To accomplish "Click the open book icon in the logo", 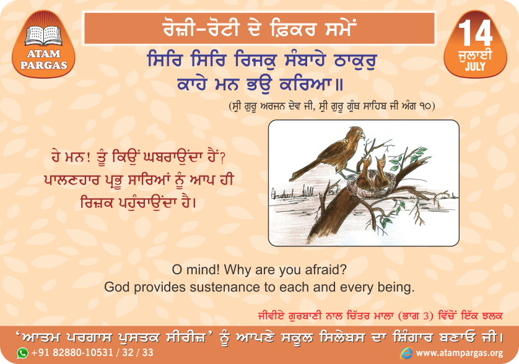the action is [x=44, y=35].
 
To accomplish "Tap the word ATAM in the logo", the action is [x=44, y=54].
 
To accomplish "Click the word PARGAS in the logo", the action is [x=44, y=65].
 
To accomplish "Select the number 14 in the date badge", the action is [x=475, y=33].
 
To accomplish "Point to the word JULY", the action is [x=475, y=66].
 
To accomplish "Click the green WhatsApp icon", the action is [x=23, y=353].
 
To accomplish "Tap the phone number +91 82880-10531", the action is [x=72, y=352].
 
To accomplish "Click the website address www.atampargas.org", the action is [x=460, y=353].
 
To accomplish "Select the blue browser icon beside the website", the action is [x=406, y=353].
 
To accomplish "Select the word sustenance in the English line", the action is [x=225, y=287].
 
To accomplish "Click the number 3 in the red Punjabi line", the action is [x=427, y=316].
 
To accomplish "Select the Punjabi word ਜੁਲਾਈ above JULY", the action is [x=475, y=55].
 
